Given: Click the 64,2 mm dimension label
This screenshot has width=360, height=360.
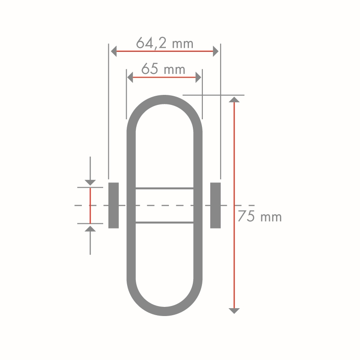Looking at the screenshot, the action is [x=165, y=43].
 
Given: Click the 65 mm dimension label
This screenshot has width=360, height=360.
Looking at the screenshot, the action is [x=163, y=69].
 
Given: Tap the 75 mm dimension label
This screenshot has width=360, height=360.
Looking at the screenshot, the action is [x=260, y=216].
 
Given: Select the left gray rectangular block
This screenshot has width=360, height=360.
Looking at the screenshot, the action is [x=114, y=205].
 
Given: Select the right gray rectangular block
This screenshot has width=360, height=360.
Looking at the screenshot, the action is [x=215, y=205].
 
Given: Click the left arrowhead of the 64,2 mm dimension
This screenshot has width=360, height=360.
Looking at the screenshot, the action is [x=114, y=51].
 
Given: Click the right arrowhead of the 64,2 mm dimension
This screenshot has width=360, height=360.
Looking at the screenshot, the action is [x=215, y=51].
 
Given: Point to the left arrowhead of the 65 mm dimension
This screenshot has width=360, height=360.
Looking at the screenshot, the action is [x=130, y=77].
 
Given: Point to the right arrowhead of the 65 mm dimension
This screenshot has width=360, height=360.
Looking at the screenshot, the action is [x=198, y=77].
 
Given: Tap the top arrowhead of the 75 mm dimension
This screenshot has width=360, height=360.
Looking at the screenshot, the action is [x=234, y=99].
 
